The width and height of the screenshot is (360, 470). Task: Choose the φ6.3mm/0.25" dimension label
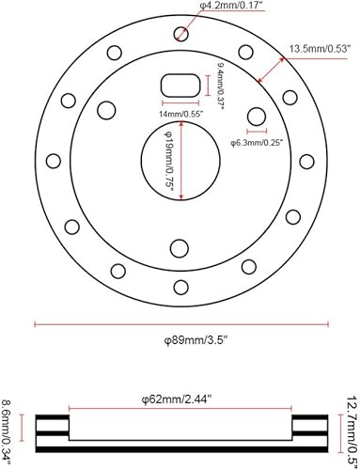(x=259, y=143)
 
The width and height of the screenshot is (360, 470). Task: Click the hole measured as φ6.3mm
(x=255, y=117)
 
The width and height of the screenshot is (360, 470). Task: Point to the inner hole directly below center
(x=179, y=247)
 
